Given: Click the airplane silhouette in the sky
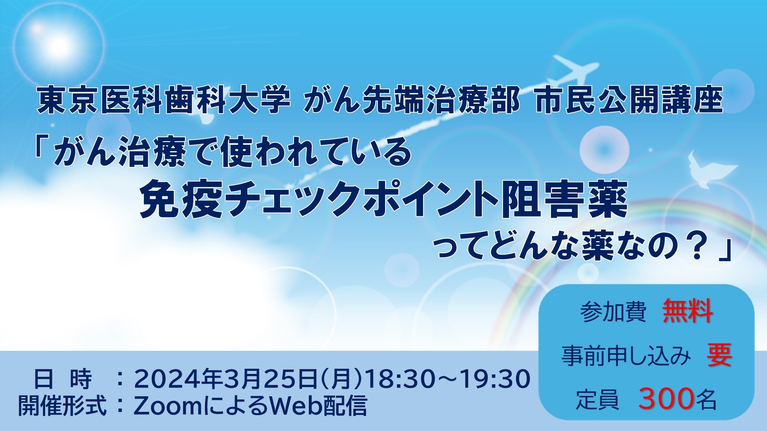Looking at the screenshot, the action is [x=575, y=74].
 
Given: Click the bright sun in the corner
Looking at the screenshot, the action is [x=58, y=46].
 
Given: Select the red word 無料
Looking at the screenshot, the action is [x=688, y=311].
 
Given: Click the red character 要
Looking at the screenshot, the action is [x=719, y=355].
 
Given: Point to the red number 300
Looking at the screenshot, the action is [x=666, y=398].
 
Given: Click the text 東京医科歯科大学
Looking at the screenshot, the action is [x=164, y=100].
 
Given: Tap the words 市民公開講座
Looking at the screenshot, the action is [x=629, y=100].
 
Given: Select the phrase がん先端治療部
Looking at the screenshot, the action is [x=411, y=100].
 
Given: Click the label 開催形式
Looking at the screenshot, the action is [x=62, y=406].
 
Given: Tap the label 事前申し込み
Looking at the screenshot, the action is [x=626, y=356].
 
